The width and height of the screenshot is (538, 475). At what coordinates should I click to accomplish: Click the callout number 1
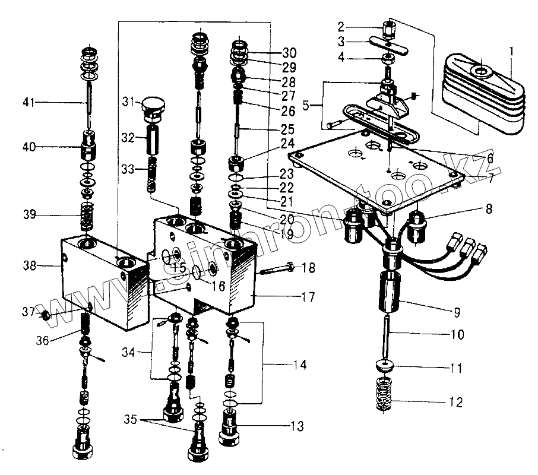click(512, 52)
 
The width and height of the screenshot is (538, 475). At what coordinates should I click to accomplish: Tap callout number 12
click(455, 402)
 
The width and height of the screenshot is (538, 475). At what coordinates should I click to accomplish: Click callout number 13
click(297, 426)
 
